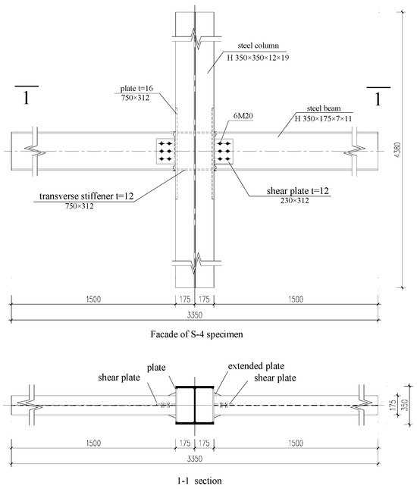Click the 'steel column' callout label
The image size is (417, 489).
[259, 45]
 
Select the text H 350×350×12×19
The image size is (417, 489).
[258, 58]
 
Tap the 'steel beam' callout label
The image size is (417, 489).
[324, 108]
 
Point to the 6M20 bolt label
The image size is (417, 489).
[243, 116]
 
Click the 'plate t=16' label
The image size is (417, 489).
[136, 88]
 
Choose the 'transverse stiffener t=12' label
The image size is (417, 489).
[86, 196]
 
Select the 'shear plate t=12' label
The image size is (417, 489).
[298, 190]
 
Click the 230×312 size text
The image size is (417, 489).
[294, 200]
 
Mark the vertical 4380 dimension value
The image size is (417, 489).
[397, 150]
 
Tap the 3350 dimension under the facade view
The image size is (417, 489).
[195, 315]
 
